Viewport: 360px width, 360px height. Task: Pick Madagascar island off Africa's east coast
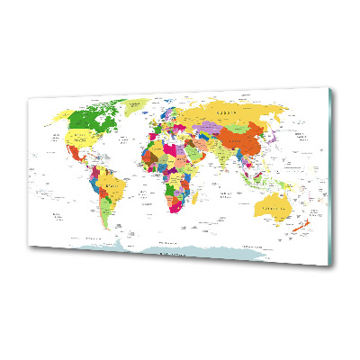(x=198, y=199)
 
